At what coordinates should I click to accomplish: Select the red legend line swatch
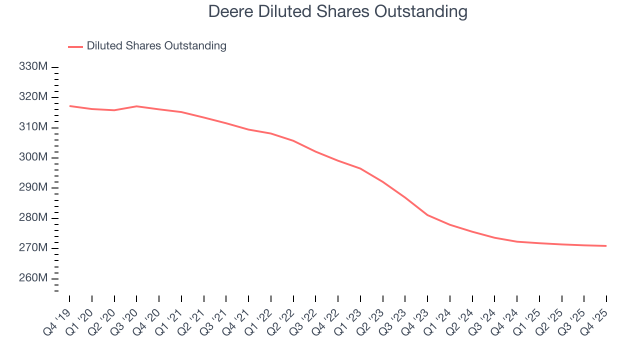(75, 46)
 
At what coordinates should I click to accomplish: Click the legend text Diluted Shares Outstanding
(156, 46)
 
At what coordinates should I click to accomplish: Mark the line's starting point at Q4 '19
(69, 106)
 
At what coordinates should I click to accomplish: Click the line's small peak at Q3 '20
(136, 106)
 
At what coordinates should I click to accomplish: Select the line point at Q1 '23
(360, 168)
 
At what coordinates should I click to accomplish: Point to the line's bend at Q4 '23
(427, 215)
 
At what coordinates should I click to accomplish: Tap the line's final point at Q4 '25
(606, 245)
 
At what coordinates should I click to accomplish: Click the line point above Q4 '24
(517, 241)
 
